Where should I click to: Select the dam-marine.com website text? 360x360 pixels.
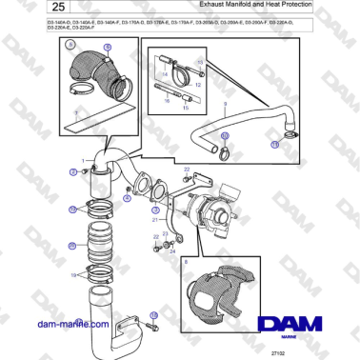tap(70, 323)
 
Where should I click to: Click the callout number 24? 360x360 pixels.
tap(171, 252)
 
